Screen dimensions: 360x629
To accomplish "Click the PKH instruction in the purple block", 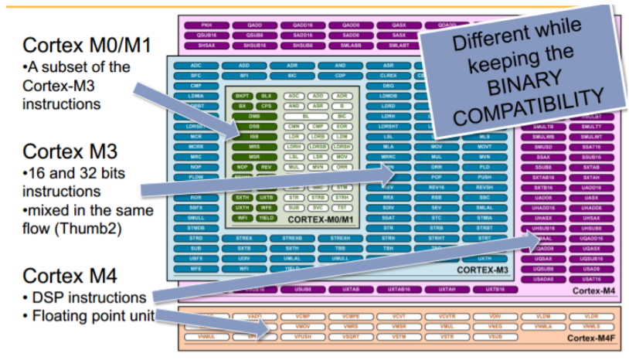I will [x=206, y=25].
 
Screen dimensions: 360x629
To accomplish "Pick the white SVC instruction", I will [x=318, y=207].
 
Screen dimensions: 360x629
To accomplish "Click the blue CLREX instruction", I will [x=389, y=76].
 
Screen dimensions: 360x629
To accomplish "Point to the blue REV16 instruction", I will [x=437, y=187].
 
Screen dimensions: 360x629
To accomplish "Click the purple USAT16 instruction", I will [x=592, y=278].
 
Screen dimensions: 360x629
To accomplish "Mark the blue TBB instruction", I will [x=340, y=248].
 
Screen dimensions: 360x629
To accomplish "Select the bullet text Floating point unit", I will [x=88, y=315].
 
